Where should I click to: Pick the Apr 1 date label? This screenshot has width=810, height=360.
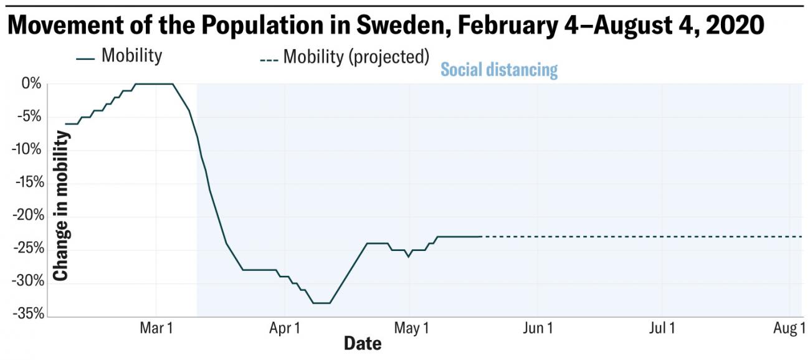284,328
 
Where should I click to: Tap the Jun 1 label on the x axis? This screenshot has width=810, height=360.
538,328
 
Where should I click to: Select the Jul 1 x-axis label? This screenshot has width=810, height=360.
663,328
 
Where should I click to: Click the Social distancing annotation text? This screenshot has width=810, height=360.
499,69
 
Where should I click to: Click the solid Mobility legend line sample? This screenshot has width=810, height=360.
85,59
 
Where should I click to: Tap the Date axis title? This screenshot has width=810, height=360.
363,343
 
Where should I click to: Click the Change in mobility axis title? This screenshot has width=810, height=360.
60,206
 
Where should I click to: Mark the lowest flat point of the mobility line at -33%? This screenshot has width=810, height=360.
321,303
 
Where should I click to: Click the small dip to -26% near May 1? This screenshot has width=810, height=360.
408,256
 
